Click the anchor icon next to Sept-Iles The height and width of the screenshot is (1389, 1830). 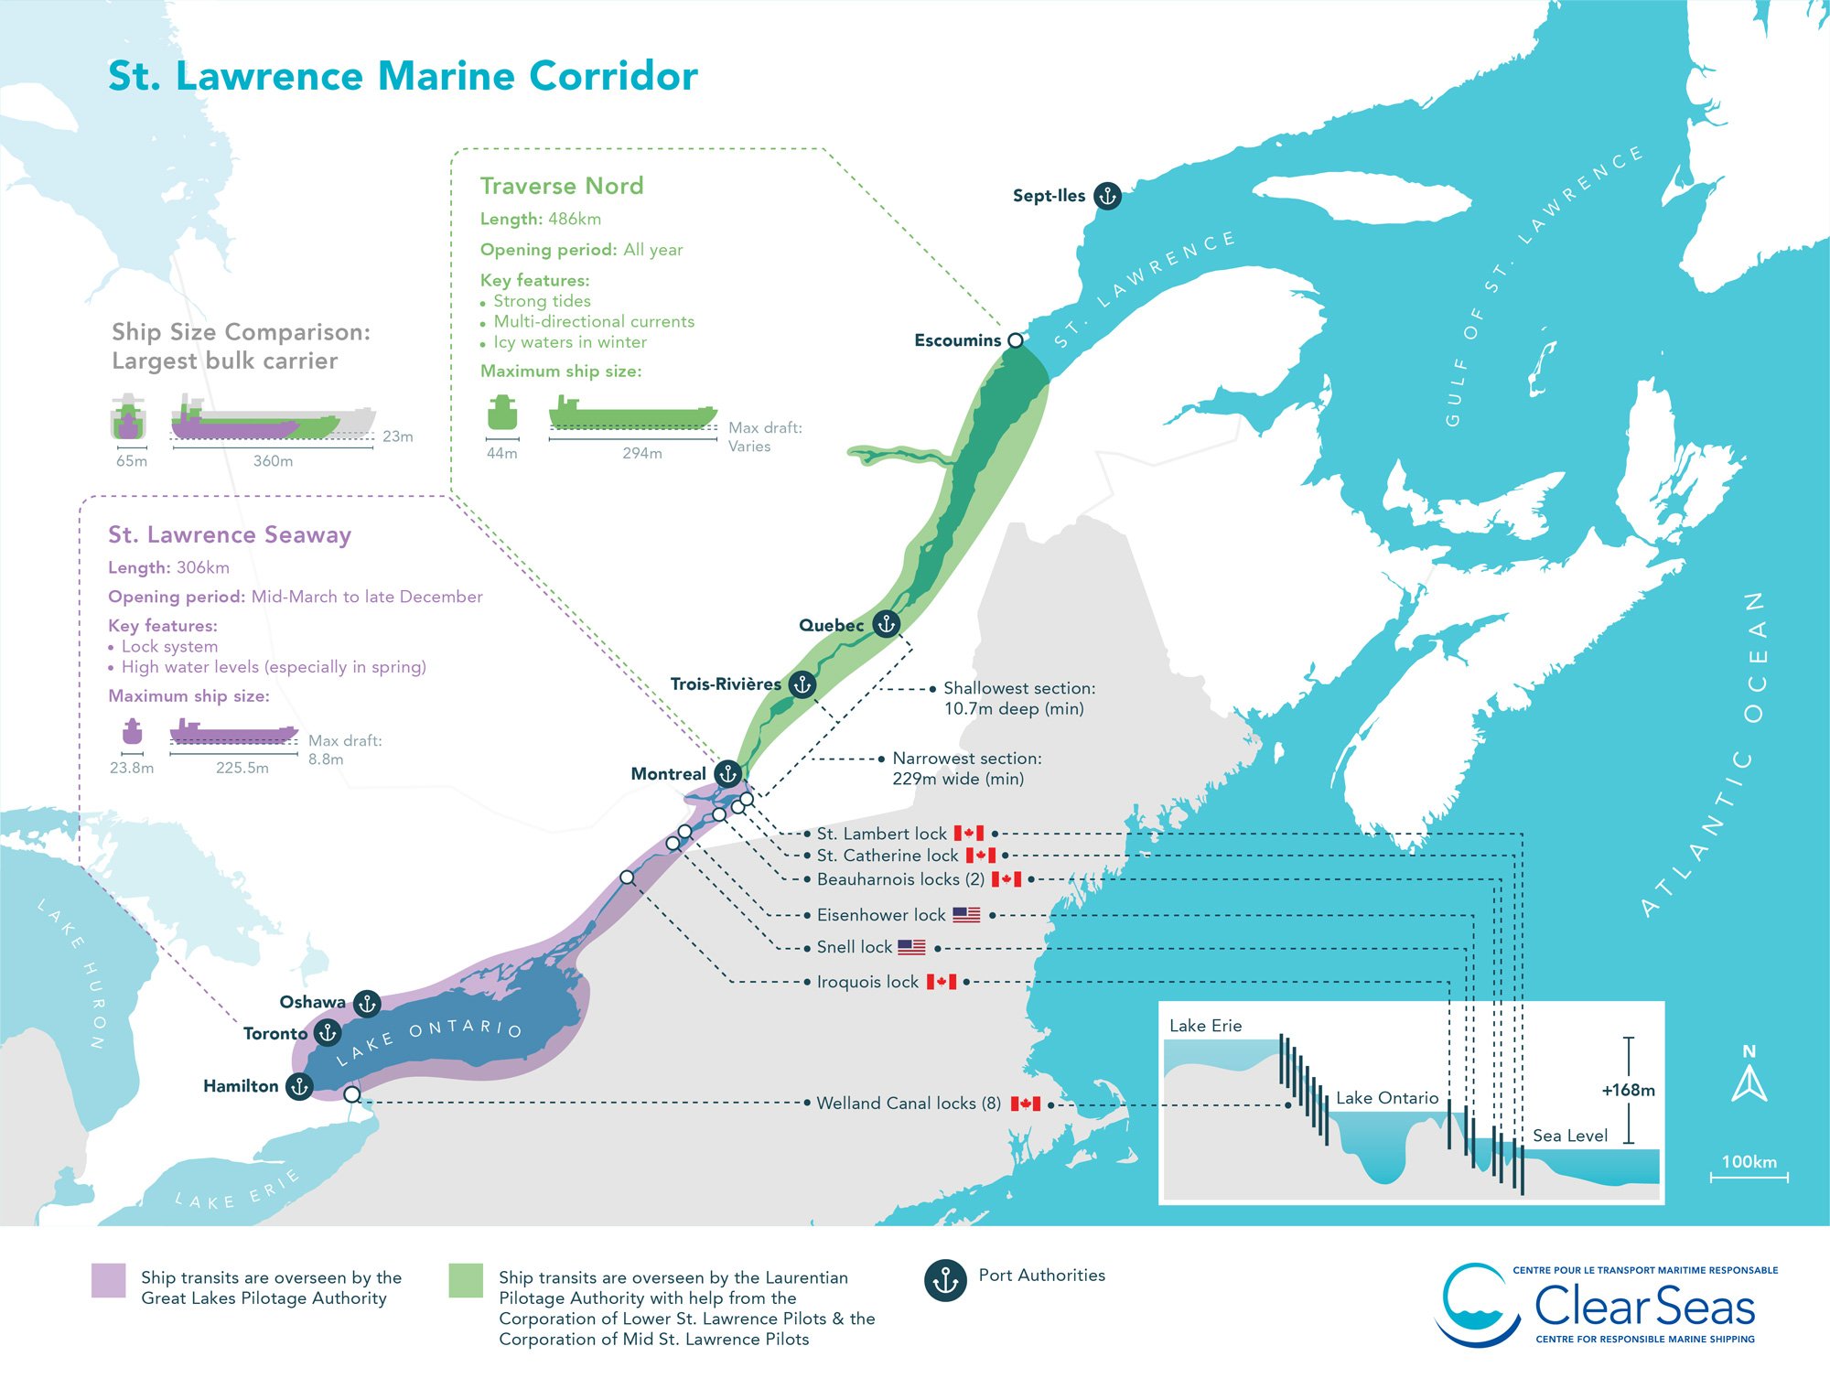tap(1107, 196)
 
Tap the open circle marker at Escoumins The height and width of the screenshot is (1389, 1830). tap(1016, 340)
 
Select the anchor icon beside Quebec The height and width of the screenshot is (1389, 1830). tap(886, 624)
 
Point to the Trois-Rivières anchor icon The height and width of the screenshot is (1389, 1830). tap(802, 684)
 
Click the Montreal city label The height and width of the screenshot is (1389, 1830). tap(668, 774)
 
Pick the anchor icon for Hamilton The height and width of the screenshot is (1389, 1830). tap(299, 1086)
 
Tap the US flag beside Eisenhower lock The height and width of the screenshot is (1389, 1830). tap(966, 914)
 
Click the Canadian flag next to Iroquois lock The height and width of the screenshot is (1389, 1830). tap(941, 982)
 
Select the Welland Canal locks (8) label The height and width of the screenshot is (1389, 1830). tap(908, 1104)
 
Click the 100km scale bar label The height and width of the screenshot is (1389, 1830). tap(1749, 1162)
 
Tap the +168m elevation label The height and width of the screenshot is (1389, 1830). tap(1628, 1091)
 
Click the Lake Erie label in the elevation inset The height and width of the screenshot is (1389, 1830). tap(1205, 1026)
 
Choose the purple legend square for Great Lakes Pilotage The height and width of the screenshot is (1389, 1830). tap(108, 1280)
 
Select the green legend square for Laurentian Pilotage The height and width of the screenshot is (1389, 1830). tap(466, 1280)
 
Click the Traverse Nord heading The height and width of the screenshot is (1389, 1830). tap(561, 186)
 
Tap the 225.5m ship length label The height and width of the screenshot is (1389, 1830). tap(242, 768)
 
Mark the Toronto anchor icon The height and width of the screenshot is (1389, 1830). tap(327, 1033)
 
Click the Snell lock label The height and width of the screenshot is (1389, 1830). tap(854, 947)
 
